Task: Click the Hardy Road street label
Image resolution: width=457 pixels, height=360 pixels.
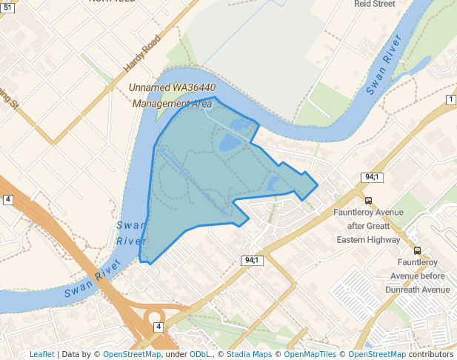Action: [x=141, y=55]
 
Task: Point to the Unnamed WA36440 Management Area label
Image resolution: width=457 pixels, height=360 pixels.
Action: [x=172, y=96]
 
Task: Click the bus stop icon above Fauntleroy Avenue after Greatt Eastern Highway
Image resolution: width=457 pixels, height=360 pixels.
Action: [x=369, y=200]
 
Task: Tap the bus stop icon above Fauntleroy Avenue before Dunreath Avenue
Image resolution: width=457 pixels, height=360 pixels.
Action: [x=418, y=250]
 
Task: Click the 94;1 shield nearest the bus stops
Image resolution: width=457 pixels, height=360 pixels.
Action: [x=372, y=177]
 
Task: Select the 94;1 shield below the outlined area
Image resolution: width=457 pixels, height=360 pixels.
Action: [x=252, y=260]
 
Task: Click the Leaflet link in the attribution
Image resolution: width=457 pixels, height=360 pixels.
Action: [x=41, y=354]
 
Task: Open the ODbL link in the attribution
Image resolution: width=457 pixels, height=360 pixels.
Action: [x=200, y=354]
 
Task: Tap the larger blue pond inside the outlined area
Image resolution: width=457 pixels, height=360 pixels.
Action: [x=230, y=141]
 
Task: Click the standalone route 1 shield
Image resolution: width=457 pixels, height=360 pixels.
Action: [x=450, y=99]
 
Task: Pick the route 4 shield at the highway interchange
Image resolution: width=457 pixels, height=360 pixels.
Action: [x=158, y=327]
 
